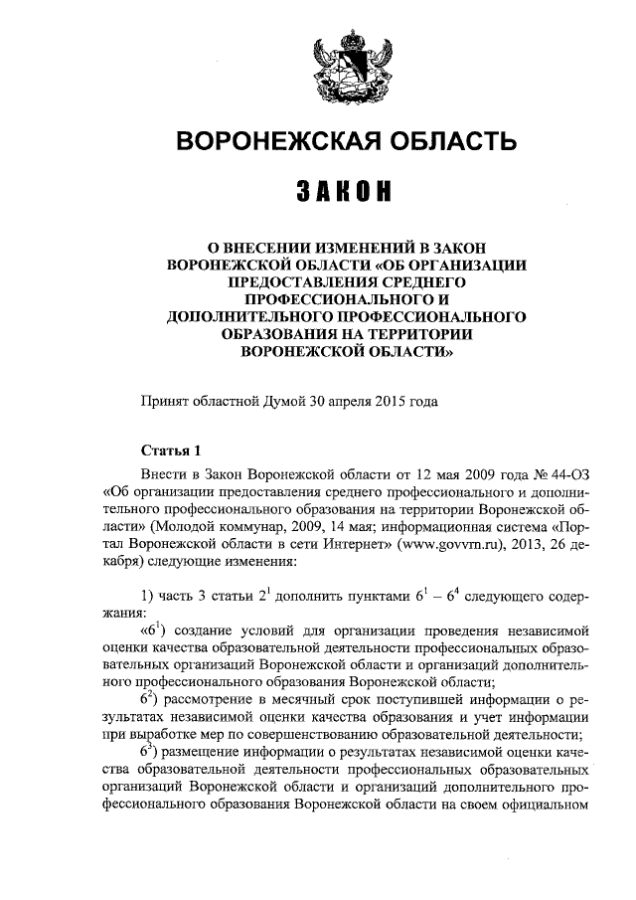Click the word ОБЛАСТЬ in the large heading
[438, 142]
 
